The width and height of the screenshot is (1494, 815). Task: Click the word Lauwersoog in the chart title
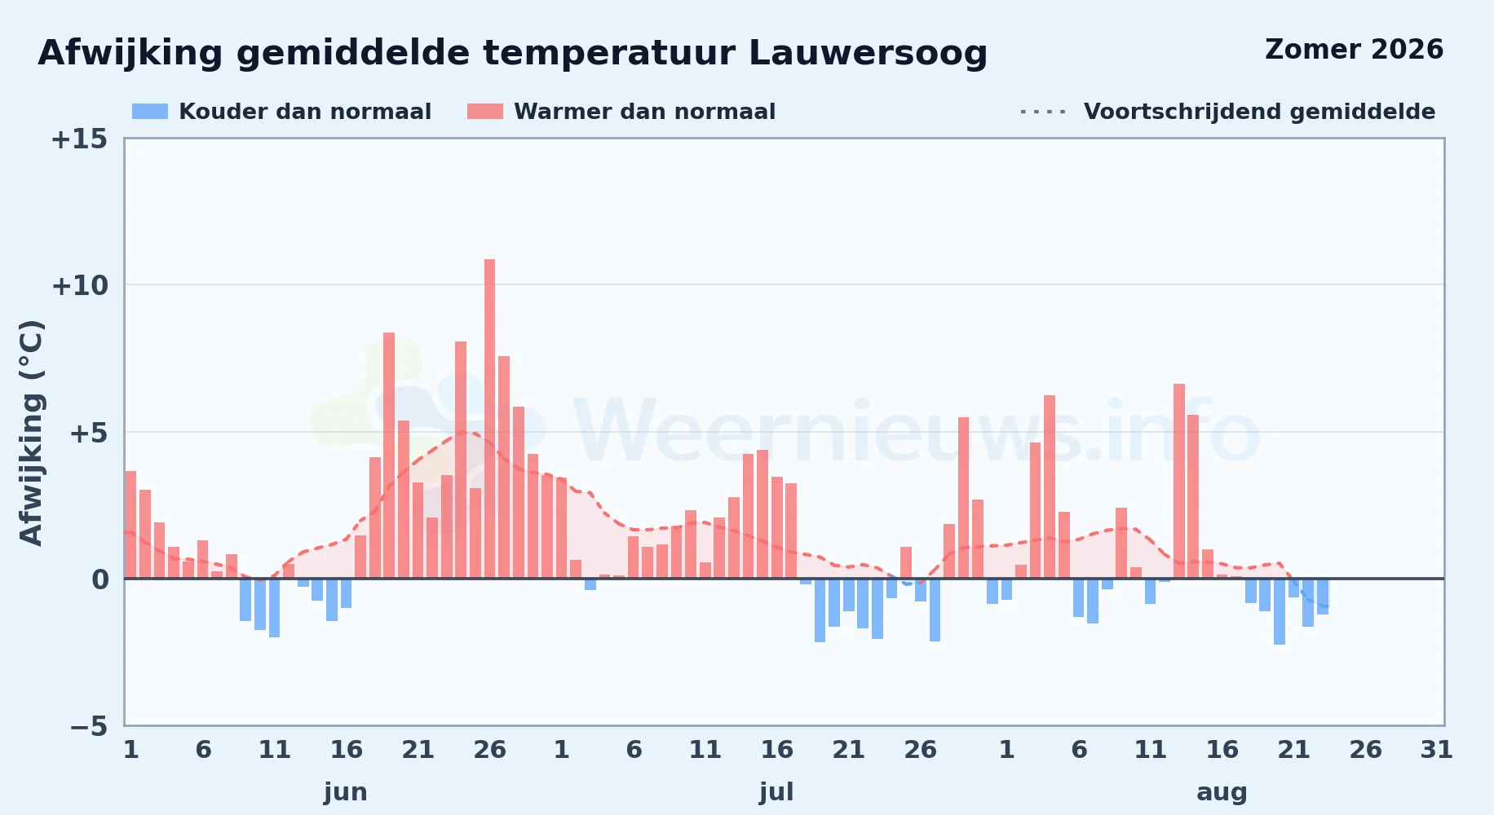point(868,53)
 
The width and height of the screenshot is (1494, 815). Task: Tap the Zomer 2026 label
point(1354,50)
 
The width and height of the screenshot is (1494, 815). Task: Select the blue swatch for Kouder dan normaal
point(150,112)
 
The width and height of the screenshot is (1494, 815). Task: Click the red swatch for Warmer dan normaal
point(485,112)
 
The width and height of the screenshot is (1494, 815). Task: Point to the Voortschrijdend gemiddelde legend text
point(1259,112)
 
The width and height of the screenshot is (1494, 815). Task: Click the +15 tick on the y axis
point(79,139)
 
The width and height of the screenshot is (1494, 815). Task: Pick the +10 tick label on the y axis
point(79,285)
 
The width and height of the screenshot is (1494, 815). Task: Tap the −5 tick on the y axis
point(89,726)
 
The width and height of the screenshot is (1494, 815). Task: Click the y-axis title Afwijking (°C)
point(31,432)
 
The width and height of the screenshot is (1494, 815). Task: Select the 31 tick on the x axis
point(1436,750)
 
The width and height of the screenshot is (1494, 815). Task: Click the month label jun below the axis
point(346,792)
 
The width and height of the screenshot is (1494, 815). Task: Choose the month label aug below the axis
point(1222,792)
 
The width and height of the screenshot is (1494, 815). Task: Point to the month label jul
point(776,792)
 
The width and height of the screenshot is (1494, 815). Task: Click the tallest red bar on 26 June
point(489,419)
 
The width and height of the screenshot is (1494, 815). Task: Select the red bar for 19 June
point(389,456)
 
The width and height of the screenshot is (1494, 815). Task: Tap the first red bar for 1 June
point(130,525)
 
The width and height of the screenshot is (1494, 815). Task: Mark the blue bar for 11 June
point(274,608)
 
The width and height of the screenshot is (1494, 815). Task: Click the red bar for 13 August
point(1179,481)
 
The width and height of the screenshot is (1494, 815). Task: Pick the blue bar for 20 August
point(1280,611)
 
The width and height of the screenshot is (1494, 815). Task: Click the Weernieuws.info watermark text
point(917,432)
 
